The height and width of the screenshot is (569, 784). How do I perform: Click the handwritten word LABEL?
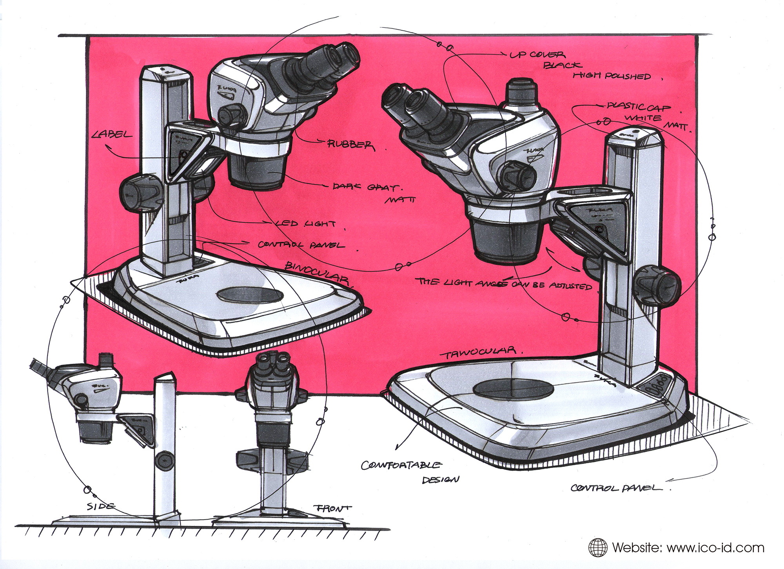point(112,135)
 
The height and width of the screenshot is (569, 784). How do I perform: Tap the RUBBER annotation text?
point(350,145)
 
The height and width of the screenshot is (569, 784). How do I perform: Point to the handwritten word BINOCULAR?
point(317,273)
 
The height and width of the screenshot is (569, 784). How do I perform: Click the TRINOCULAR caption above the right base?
point(479,352)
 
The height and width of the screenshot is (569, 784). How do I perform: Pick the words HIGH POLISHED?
point(612,76)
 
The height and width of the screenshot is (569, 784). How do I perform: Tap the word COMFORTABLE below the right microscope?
point(401,465)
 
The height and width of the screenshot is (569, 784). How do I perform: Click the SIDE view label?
point(101,506)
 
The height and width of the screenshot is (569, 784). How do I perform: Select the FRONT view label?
point(332,508)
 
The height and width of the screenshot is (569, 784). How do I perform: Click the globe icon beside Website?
point(597,547)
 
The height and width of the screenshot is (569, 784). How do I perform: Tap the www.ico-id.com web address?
point(715,547)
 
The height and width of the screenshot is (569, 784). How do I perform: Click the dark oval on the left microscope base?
point(250,295)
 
